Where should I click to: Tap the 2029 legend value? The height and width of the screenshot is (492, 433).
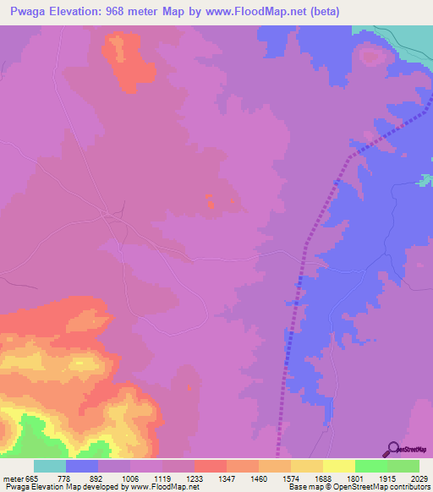click(x=408, y=478)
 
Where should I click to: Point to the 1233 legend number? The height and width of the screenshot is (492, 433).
click(x=194, y=478)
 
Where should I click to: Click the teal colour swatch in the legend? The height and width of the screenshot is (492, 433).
click(x=50, y=466)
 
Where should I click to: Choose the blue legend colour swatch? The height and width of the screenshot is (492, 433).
click(x=82, y=466)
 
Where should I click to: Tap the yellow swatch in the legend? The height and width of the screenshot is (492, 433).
click(x=339, y=466)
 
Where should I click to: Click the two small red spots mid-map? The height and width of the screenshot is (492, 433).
click(x=210, y=201)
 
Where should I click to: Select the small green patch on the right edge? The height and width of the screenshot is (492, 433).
click(x=426, y=180)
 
